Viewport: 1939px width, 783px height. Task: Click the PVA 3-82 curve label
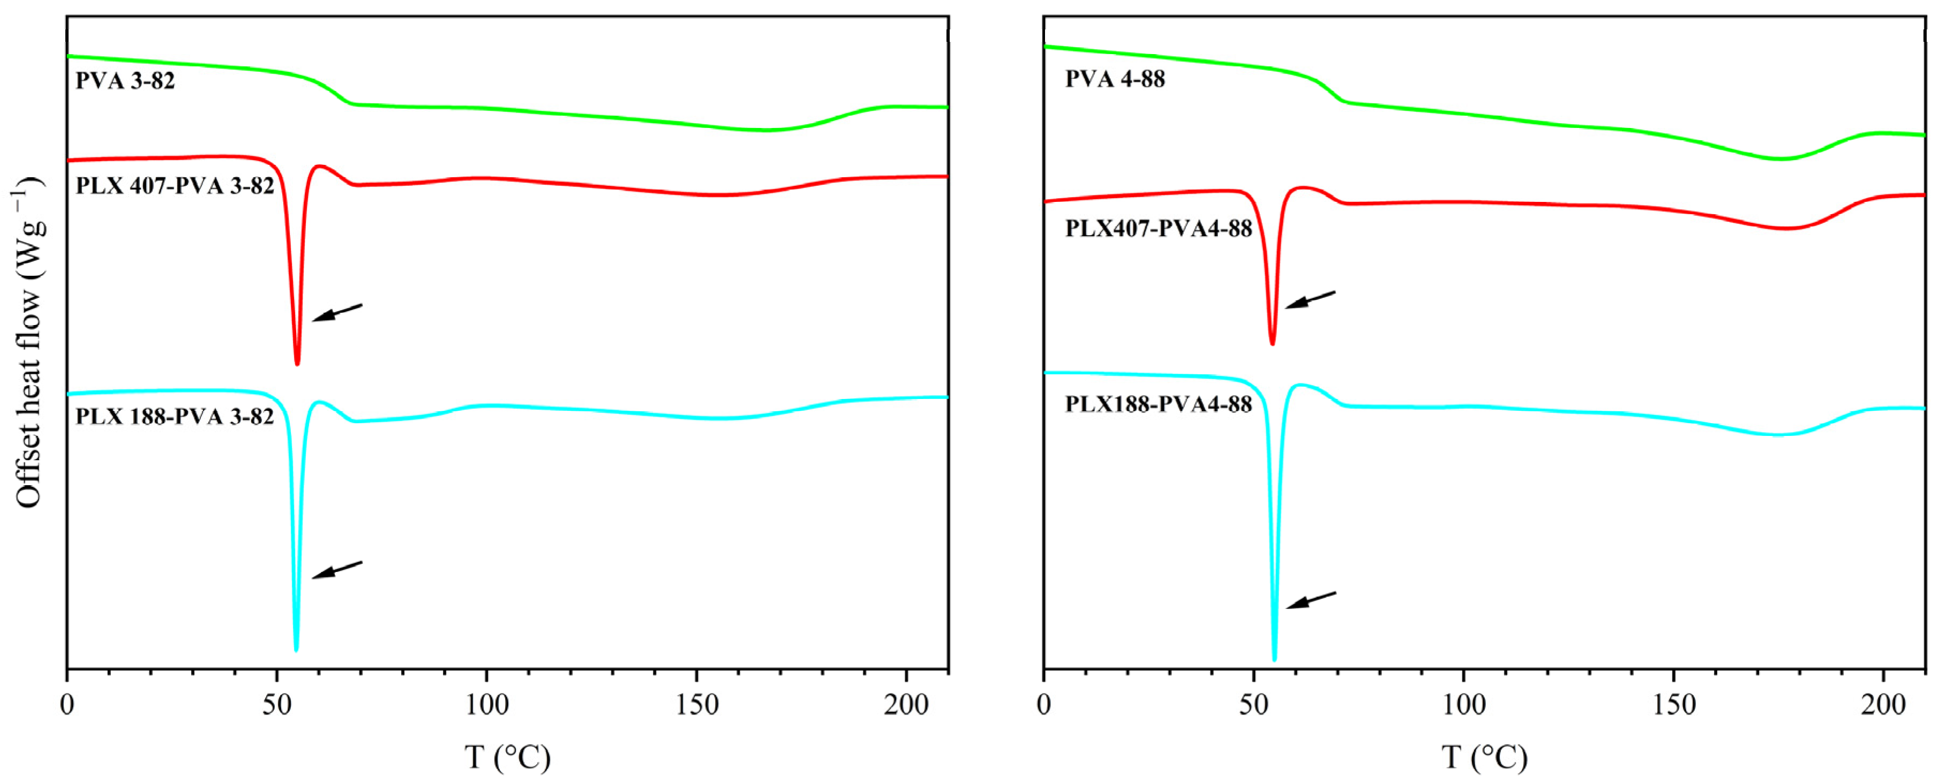point(125,80)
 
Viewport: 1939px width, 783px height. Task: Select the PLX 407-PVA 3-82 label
point(175,186)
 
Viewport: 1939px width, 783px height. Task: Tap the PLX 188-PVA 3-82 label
point(175,416)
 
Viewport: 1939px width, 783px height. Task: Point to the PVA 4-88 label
point(1115,79)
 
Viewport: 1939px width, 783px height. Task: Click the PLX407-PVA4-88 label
point(1159,228)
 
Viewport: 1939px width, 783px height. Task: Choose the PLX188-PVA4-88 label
point(1159,404)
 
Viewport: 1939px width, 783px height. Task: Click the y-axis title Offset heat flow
point(28,343)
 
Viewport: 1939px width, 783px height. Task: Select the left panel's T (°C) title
point(507,757)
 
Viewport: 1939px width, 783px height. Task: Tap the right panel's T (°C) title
point(1484,757)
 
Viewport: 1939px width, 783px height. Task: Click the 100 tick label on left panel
point(486,705)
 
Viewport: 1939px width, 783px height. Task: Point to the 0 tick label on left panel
point(67,705)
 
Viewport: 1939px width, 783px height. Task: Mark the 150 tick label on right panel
point(1673,705)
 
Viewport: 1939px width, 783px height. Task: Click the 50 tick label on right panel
point(1254,705)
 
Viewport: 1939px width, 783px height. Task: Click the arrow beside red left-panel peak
point(337,312)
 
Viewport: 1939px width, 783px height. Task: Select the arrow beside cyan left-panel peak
point(337,570)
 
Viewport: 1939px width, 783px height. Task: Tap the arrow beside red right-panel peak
point(1310,299)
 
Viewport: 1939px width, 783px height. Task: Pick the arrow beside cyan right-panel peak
point(1311,600)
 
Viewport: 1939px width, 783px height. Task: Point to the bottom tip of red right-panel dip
point(1272,343)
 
